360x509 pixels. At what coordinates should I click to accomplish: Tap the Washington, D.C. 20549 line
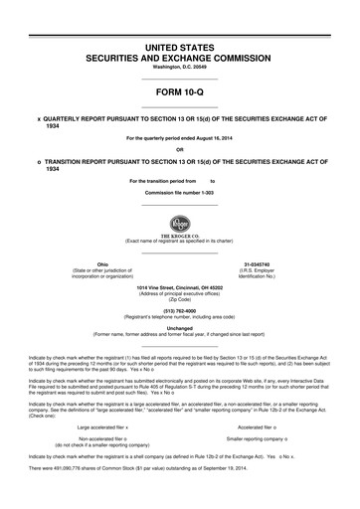point(179,70)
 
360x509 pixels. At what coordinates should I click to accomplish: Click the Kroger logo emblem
point(180,223)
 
